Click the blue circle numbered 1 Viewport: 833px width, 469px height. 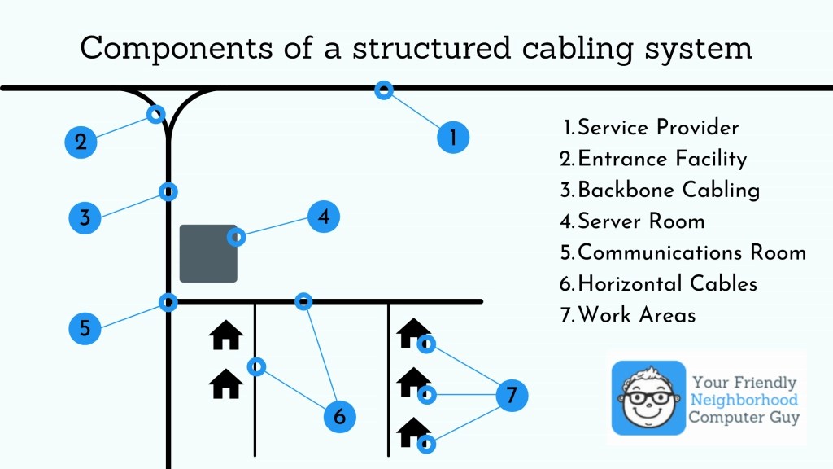(x=453, y=137)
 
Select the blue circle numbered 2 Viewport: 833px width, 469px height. (x=81, y=142)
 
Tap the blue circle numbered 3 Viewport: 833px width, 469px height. (x=85, y=217)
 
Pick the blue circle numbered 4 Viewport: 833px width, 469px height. (x=324, y=217)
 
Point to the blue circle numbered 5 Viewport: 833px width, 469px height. (x=85, y=328)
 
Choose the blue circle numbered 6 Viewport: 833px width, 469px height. (x=340, y=417)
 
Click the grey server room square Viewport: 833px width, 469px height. (x=208, y=253)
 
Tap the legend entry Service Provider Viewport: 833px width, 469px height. (x=650, y=128)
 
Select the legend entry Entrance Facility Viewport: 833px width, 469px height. (x=653, y=159)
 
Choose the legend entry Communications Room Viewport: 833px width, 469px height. (x=683, y=252)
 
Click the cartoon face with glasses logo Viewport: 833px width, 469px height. (x=648, y=398)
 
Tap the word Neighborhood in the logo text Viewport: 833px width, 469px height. (x=744, y=400)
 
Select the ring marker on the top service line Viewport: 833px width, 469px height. (x=383, y=90)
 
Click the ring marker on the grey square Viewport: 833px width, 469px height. (x=237, y=237)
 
